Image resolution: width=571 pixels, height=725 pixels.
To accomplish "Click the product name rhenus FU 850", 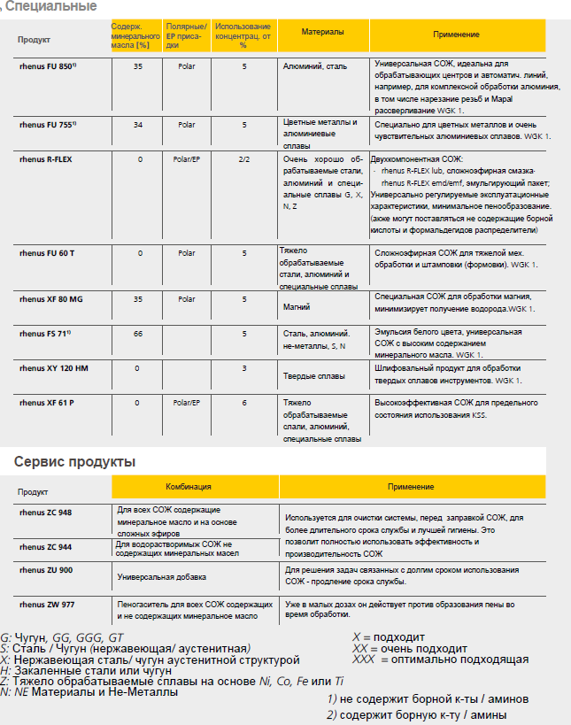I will pyautogui.click(x=48, y=66).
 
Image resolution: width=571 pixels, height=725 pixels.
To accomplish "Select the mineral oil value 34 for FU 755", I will pyautogui.click(x=137, y=125).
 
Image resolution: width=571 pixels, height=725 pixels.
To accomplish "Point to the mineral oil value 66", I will pyautogui.click(x=137, y=333).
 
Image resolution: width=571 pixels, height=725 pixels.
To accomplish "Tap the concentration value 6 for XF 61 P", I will pyautogui.click(x=243, y=403).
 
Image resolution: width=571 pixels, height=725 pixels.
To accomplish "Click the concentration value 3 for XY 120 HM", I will pyautogui.click(x=243, y=367).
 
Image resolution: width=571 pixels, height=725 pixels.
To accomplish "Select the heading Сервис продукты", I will pyautogui.click(x=74, y=461).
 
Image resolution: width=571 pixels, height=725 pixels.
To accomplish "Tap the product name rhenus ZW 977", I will pyautogui.click(x=46, y=605).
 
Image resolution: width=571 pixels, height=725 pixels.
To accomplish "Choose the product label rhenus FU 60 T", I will pyautogui.click(x=47, y=253).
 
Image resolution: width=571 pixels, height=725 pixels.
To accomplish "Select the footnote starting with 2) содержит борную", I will pyautogui.click(x=417, y=714).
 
